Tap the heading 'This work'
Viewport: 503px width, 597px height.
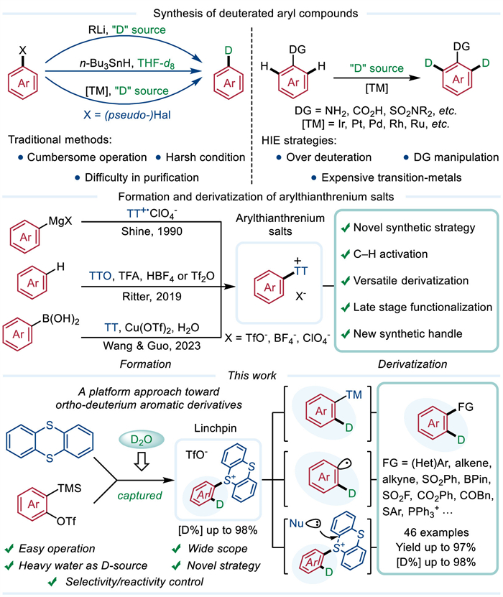(x=249, y=375)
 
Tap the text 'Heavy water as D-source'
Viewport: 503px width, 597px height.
(x=90, y=565)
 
